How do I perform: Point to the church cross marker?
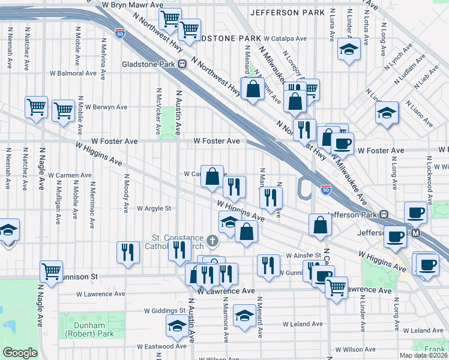point(211,241)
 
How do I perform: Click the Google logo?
point(20,353)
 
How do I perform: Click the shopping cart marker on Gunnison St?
point(51,271)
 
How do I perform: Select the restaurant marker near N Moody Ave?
point(128,251)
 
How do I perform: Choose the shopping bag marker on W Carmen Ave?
point(212,177)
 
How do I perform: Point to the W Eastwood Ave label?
point(161,346)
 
